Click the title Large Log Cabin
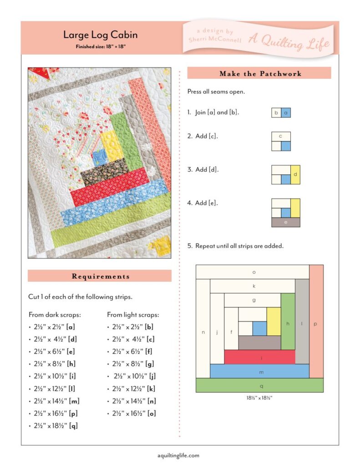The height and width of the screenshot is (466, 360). pos(100,35)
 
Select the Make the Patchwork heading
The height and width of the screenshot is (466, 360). pos(260,73)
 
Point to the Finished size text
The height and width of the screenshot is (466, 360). pos(100,46)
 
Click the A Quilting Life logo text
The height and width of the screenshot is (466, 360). pos(289,42)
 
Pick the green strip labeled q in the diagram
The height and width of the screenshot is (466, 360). pos(259,385)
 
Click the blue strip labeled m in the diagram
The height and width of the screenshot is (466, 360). pos(259,371)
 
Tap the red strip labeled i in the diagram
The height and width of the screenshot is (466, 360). pos(259,357)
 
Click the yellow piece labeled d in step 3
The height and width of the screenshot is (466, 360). pos(295,174)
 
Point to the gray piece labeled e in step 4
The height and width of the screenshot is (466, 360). pos(285,222)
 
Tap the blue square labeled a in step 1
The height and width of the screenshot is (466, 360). pos(285,112)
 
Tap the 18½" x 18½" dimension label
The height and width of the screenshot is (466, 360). pos(259,397)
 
